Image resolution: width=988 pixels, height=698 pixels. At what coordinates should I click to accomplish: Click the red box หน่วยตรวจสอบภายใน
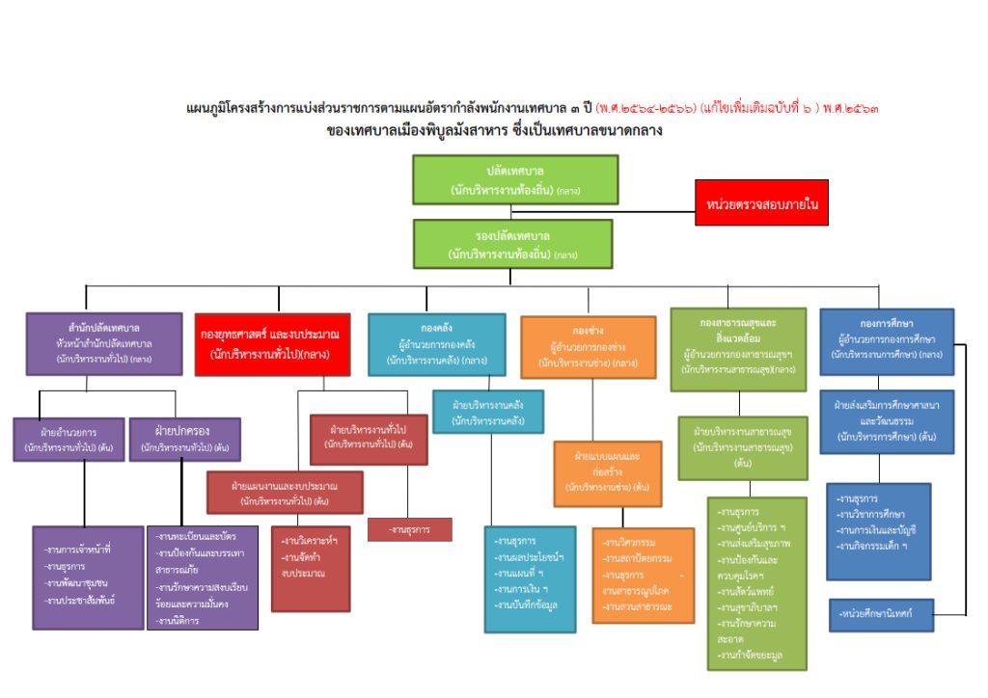(761, 205)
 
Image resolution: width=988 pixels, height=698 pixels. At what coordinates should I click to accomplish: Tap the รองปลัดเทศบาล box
(512, 243)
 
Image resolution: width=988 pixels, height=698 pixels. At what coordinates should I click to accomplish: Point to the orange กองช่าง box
(588, 346)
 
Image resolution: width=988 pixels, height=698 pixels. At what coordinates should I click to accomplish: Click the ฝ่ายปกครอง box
(184, 440)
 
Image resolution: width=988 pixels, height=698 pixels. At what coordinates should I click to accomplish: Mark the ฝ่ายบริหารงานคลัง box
(488, 412)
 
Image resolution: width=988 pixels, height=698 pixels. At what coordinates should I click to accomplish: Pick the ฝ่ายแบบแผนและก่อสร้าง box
(608, 473)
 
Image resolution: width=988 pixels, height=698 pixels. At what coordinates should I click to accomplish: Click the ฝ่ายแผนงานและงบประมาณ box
(285, 493)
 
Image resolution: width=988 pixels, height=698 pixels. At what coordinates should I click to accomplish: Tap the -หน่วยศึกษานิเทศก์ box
(882, 614)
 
